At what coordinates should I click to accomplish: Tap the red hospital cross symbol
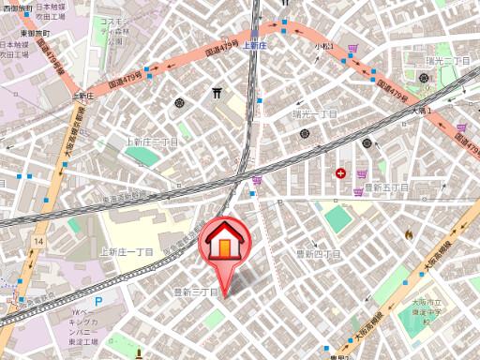pyautogui.click(x=340, y=172)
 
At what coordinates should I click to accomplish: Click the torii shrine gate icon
pyautogui.click(x=217, y=93)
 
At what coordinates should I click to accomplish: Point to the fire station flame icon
pyautogui.click(x=408, y=234)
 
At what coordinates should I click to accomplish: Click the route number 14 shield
pyautogui.click(x=37, y=242)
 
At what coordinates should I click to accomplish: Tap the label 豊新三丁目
pyautogui.click(x=196, y=292)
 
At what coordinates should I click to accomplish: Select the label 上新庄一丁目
pyautogui.click(x=127, y=252)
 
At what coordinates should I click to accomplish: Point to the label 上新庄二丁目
pyautogui.click(x=152, y=141)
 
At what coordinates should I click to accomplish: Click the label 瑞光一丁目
pyautogui.click(x=315, y=114)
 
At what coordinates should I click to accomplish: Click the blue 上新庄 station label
pyautogui.click(x=255, y=44)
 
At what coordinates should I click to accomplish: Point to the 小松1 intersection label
pyautogui.click(x=324, y=46)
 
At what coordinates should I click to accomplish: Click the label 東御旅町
pyautogui.click(x=18, y=33)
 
